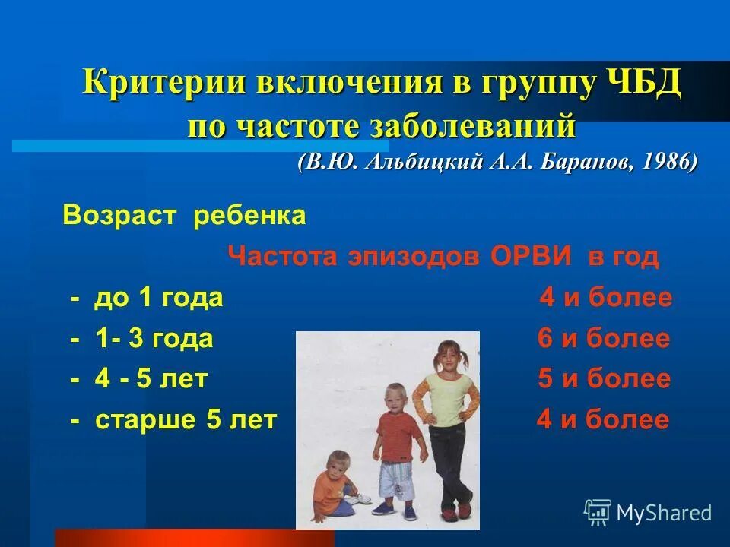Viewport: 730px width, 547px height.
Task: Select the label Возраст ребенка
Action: point(184,217)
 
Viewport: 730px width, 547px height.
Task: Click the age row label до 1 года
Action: point(157,298)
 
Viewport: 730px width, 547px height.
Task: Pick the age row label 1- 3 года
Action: point(154,339)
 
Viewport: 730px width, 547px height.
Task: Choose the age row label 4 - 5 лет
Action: point(151,379)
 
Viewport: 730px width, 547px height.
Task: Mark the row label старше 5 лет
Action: point(186,420)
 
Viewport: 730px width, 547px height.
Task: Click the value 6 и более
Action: point(604,339)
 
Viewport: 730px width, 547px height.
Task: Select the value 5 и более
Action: point(604,379)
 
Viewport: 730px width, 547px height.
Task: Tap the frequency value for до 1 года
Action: point(606,298)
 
